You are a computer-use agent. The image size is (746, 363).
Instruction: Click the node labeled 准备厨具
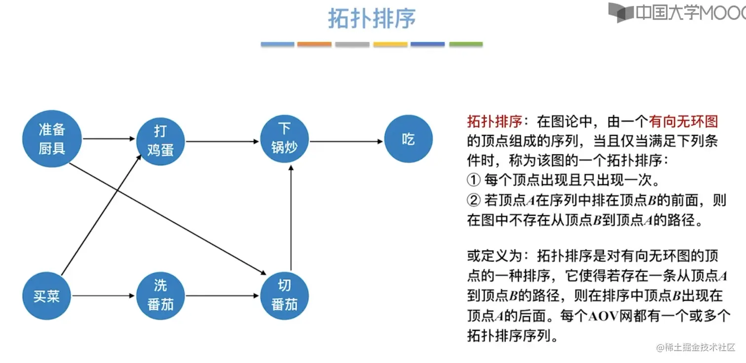click(52, 139)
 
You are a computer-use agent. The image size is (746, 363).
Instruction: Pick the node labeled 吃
click(408, 140)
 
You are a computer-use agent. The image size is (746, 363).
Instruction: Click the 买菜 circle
click(47, 296)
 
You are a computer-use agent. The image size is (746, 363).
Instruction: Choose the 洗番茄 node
click(160, 295)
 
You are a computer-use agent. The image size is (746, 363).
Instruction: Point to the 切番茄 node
click(284, 295)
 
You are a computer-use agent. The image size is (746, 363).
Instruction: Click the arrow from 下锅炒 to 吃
click(346, 141)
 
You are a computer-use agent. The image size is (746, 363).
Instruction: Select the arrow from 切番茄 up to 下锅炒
click(291, 217)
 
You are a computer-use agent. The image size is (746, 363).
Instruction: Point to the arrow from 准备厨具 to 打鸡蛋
click(109, 139)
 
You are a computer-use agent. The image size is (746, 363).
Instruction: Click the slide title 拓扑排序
click(372, 18)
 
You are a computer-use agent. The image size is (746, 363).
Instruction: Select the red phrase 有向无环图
click(683, 121)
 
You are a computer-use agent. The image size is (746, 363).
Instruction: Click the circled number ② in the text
click(473, 200)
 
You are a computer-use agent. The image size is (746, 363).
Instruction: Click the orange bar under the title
click(314, 44)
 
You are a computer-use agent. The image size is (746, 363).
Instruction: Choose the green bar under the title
click(466, 44)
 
